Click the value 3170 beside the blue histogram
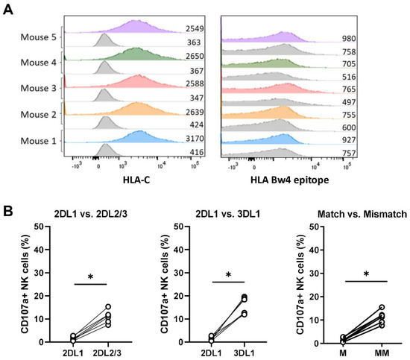[x=195, y=137]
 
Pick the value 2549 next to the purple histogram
[x=195, y=28]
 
